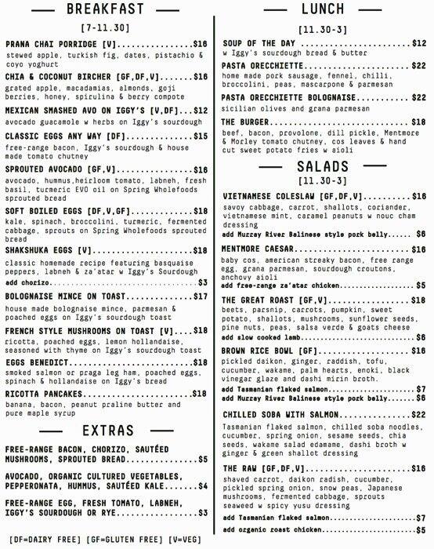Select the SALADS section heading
[x=322, y=168]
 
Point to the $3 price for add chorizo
[x=202, y=282]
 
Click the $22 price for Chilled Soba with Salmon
[x=418, y=414]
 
